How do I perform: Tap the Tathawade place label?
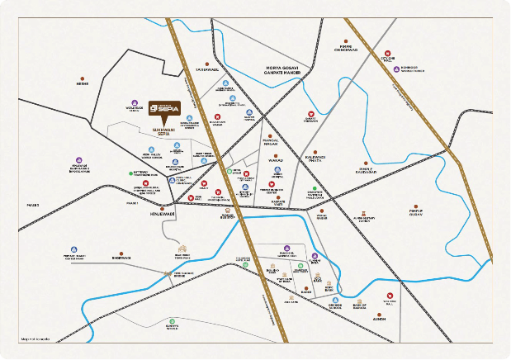click(206, 69)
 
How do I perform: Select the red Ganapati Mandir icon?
click(311, 114)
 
